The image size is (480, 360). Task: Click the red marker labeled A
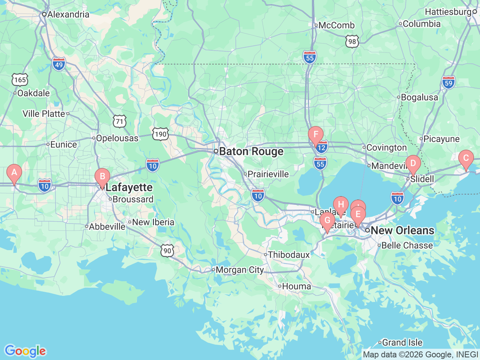[x=14, y=173]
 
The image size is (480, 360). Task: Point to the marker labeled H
[x=340, y=205]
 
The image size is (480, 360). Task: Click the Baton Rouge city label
[x=251, y=151]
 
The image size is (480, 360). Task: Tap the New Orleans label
[x=402, y=230]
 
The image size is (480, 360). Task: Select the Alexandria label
[x=68, y=15]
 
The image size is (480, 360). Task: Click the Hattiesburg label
[x=448, y=12]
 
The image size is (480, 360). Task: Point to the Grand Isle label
[x=402, y=342]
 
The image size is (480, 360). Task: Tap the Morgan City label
[x=240, y=270]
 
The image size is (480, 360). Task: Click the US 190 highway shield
[x=160, y=134]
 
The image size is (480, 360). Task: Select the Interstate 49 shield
[x=59, y=64]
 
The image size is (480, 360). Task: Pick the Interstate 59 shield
[x=448, y=83]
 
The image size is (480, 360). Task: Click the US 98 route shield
[x=352, y=41]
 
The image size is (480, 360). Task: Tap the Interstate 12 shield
[x=322, y=147]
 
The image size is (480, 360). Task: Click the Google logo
[x=25, y=351]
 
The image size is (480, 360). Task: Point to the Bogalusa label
[x=419, y=97]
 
